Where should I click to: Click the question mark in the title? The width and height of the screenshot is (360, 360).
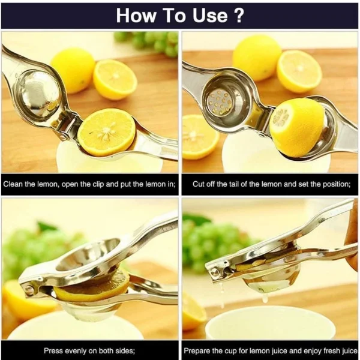(238, 16)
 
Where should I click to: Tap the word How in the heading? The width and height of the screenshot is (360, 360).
(136, 16)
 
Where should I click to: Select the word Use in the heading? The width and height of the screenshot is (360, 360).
(207, 16)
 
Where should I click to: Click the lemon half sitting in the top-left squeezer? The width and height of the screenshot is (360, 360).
(107, 132)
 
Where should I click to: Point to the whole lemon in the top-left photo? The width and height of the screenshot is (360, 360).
(73, 68)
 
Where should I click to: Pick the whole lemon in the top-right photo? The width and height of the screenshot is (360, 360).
(257, 57)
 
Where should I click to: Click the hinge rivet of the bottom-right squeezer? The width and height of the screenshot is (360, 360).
(214, 272)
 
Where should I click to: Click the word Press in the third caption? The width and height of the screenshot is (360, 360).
(53, 350)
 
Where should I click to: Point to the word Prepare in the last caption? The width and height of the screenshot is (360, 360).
(200, 350)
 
